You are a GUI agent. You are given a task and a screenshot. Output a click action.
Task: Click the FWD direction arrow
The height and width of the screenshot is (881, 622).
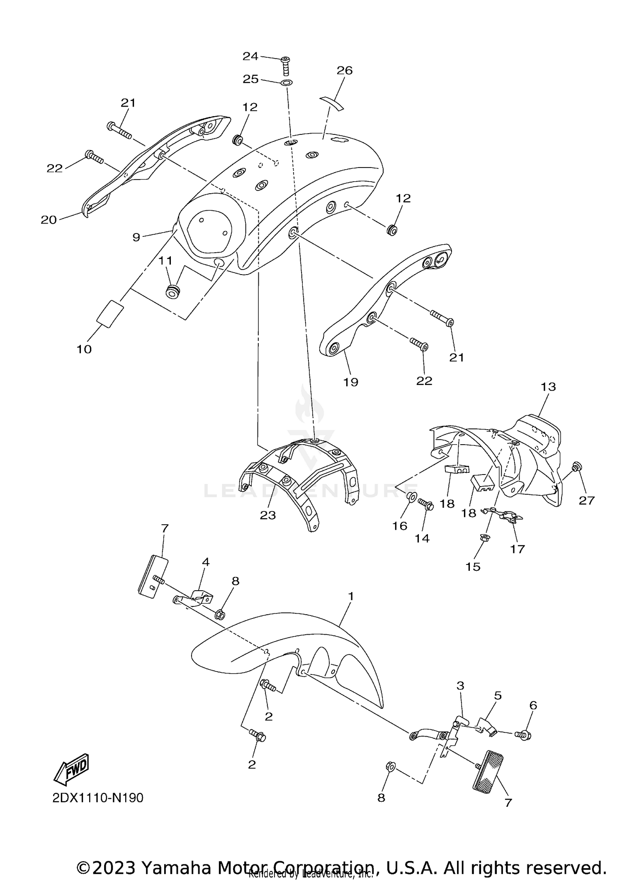pyautogui.click(x=71, y=769)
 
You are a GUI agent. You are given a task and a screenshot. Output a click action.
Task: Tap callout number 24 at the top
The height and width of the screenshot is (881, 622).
pyautogui.click(x=250, y=56)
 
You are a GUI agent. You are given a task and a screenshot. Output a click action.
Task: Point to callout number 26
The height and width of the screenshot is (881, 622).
pyautogui.click(x=345, y=71)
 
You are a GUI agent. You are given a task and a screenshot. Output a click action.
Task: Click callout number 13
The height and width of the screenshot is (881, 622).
pyautogui.click(x=548, y=387)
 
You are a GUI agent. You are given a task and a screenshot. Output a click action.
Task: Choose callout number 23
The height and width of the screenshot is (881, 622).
pyautogui.click(x=268, y=515)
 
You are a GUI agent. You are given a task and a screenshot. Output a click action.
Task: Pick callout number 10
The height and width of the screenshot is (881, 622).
pyautogui.click(x=84, y=349)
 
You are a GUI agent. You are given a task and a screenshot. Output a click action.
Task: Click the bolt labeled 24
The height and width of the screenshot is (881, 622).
pyautogui.click(x=286, y=66)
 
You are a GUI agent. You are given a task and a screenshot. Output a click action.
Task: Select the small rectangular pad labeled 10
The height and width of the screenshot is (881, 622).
pyautogui.click(x=110, y=314)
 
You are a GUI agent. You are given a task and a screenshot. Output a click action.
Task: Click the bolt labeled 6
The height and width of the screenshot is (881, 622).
pyautogui.click(x=524, y=735)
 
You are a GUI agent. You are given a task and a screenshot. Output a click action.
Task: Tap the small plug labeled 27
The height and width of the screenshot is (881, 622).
pyautogui.click(x=575, y=467)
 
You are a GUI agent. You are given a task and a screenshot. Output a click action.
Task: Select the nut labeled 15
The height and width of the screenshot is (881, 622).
pyautogui.click(x=484, y=538)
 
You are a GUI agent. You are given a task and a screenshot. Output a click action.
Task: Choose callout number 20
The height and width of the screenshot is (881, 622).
pyautogui.click(x=49, y=219)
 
